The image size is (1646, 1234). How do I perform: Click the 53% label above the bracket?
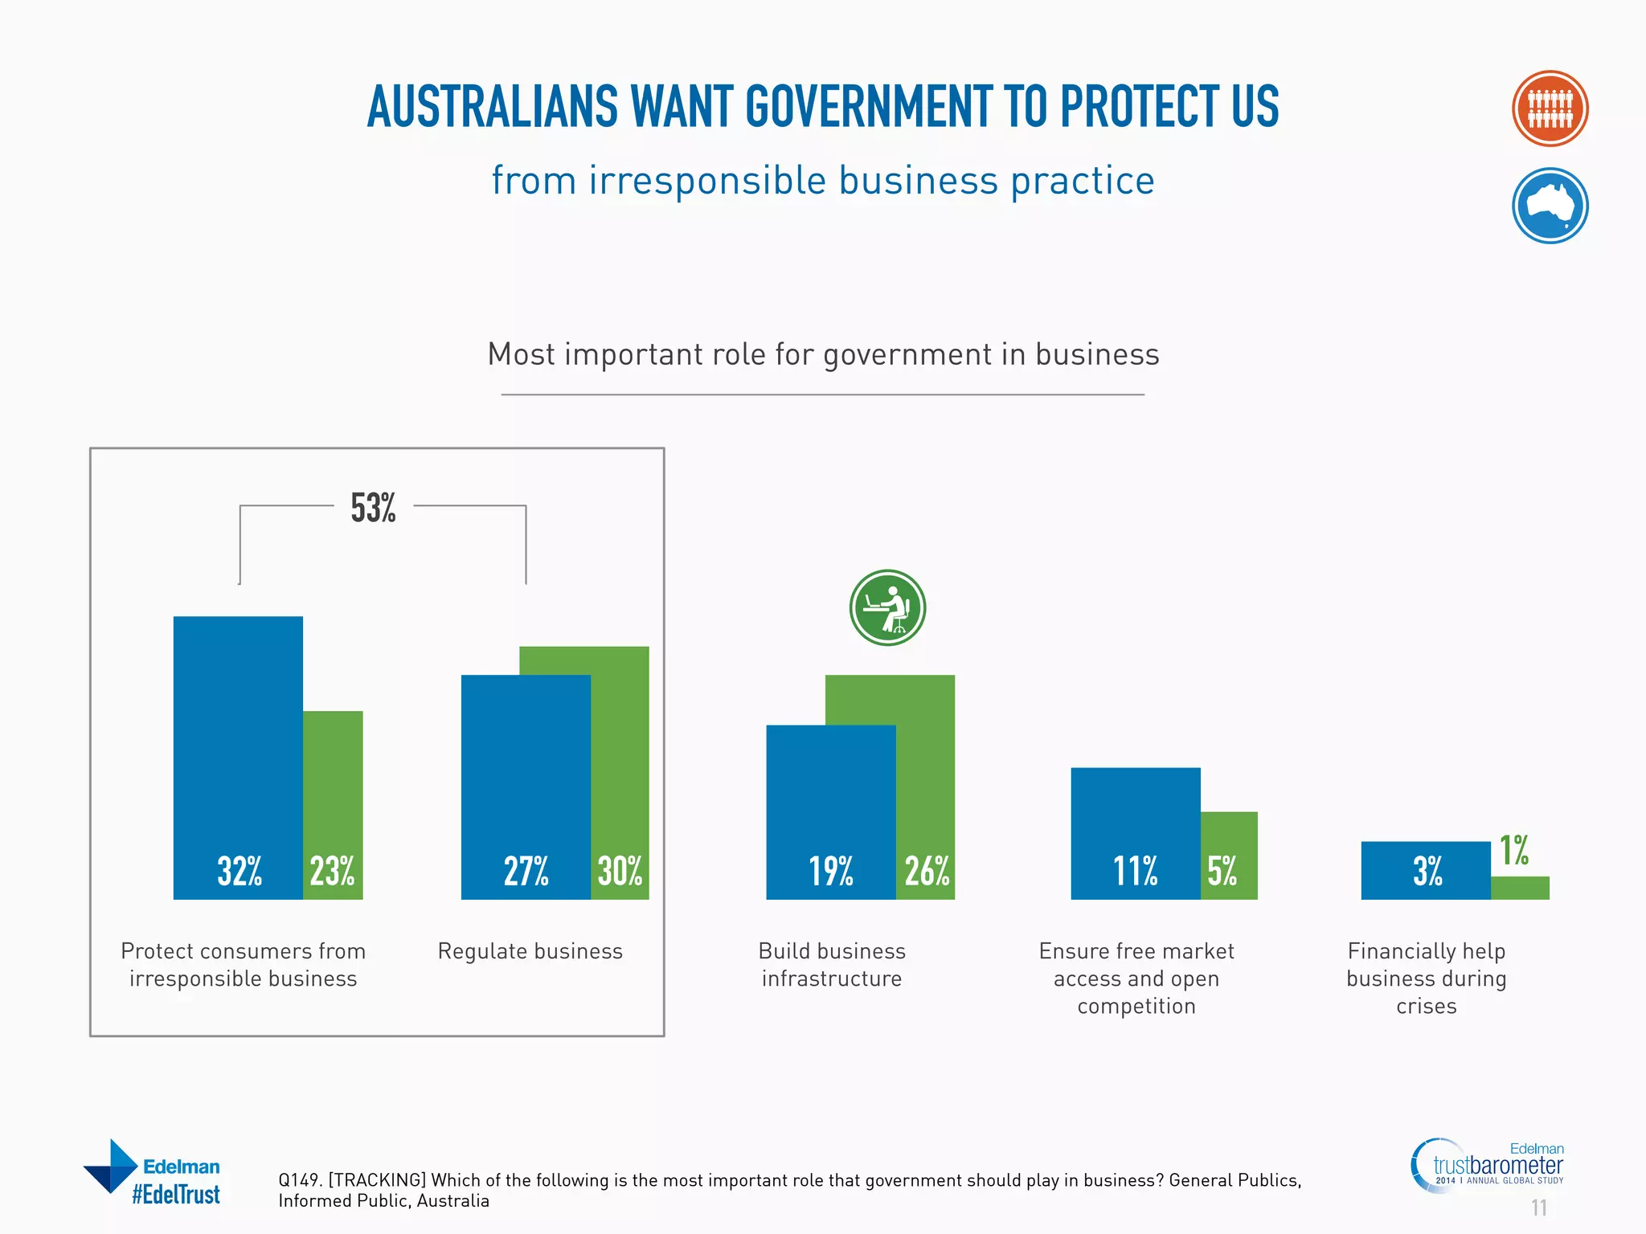pyautogui.click(x=373, y=508)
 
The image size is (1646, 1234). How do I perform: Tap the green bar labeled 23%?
pyautogui.click(x=333, y=803)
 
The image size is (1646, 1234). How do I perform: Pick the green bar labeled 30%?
pyautogui.click(x=620, y=771)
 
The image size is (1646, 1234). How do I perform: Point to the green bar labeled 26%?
pyautogui.click(x=926, y=787)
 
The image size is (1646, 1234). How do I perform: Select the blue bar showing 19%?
pyautogui.click(x=830, y=811)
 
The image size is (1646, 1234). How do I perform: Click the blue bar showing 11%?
pyautogui.click(x=1135, y=832)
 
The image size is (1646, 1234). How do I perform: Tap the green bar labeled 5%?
pyautogui.click(x=1229, y=855)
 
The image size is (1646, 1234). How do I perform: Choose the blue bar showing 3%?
pyautogui.click(x=1426, y=870)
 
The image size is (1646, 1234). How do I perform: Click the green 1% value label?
pyautogui.click(x=1514, y=851)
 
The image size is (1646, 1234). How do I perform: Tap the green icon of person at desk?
pyautogui.click(x=887, y=608)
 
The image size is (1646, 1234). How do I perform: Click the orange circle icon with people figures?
pyautogui.click(x=1550, y=108)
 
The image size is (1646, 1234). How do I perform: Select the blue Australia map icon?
pyautogui.click(x=1550, y=206)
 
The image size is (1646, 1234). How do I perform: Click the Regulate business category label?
pyautogui.click(x=530, y=951)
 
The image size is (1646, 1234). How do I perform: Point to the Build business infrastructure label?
pyautogui.click(x=832, y=965)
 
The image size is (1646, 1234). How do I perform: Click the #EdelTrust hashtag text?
pyautogui.click(x=176, y=1195)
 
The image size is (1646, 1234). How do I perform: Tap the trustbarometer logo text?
pyautogui.click(x=1498, y=1165)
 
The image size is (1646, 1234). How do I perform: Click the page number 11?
pyautogui.click(x=1538, y=1207)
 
